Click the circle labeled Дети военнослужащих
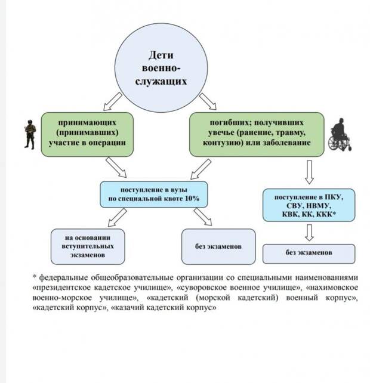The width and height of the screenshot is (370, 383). point(161,67)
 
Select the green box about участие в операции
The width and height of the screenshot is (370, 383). point(87,134)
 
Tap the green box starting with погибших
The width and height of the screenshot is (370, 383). point(257,134)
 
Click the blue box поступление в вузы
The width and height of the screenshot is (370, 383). point(154,194)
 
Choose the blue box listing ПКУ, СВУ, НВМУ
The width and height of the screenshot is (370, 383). point(309,205)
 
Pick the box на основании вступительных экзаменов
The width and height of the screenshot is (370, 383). point(88,246)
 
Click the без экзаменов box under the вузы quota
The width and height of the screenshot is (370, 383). point(218,246)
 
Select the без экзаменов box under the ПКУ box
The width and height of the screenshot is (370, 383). point(309,254)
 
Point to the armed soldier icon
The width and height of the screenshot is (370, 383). point(30,134)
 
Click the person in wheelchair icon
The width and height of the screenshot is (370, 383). point(340,135)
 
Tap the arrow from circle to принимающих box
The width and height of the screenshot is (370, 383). point(112,101)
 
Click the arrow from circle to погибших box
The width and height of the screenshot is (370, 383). point(208,101)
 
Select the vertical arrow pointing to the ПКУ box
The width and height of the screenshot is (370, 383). point(309,172)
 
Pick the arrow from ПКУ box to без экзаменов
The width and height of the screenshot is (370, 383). point(309,233)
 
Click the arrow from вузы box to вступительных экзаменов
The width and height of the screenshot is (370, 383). point(118,217)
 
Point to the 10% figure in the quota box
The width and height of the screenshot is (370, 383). point(192,199)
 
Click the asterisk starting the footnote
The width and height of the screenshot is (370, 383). point(35,277)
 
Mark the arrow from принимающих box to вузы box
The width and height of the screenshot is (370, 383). point(116,168)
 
